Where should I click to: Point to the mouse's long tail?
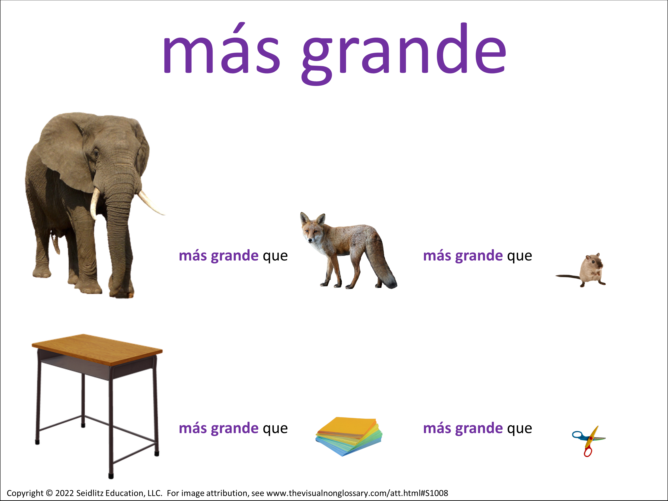(x=568, y=276)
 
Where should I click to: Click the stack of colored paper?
(x=349, y=436)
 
